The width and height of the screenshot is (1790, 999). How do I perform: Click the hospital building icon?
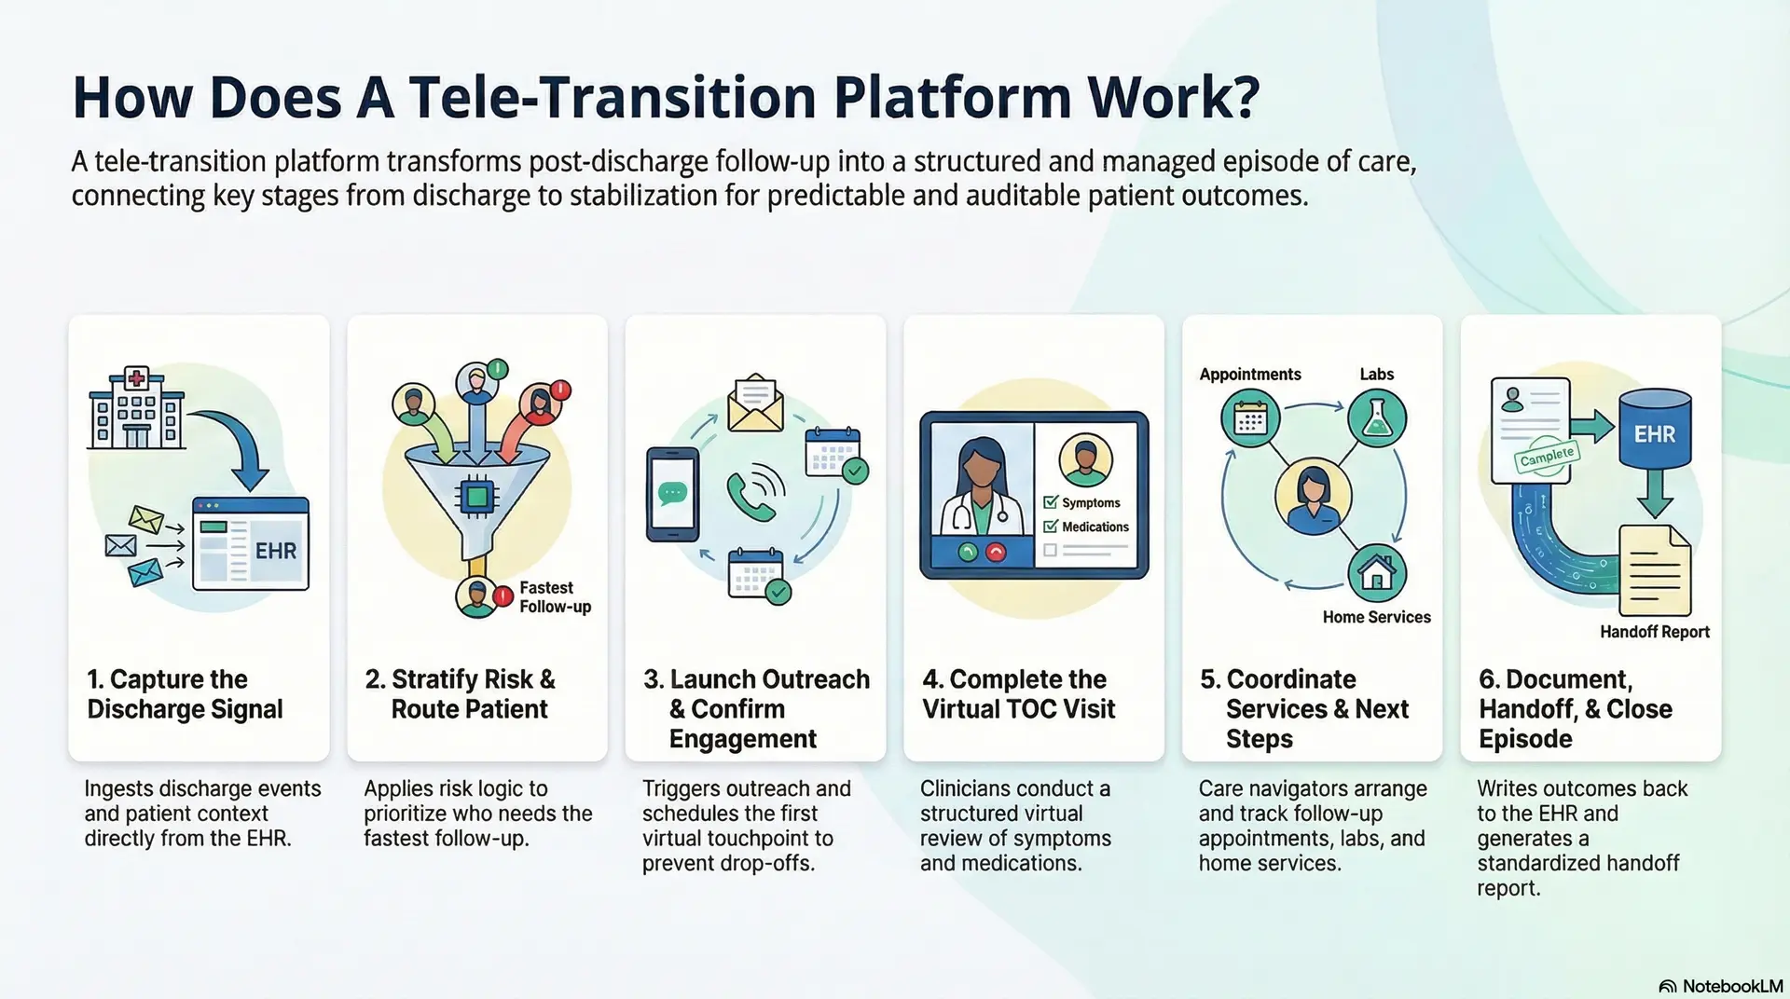point(136,409)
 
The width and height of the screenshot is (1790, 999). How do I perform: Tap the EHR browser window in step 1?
point(250,544)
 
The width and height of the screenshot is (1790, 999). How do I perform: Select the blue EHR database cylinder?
point(1654,428)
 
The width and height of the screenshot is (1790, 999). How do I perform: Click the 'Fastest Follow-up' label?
point(555,597)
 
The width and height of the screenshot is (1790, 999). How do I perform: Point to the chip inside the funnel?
point(476,497)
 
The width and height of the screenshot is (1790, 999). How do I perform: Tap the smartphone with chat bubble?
point(672,495)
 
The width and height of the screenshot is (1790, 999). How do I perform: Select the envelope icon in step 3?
point(755,404)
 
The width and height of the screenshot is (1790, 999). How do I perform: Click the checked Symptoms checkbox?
point(1051,502)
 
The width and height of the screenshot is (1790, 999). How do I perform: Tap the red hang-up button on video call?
point(996,553)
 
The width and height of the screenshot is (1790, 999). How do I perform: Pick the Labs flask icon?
point(1376,418)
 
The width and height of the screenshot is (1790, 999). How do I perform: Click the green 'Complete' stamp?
point(1547,457)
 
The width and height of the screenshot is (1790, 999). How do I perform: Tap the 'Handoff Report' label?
point(1654,632)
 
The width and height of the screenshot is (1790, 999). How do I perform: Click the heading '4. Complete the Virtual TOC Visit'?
point(1018,694)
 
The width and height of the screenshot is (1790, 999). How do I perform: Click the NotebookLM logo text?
point(1731,986)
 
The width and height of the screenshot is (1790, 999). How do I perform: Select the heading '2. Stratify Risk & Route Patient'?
point(461,694)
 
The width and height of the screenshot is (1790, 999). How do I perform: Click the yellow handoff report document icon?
point(1654,571)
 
